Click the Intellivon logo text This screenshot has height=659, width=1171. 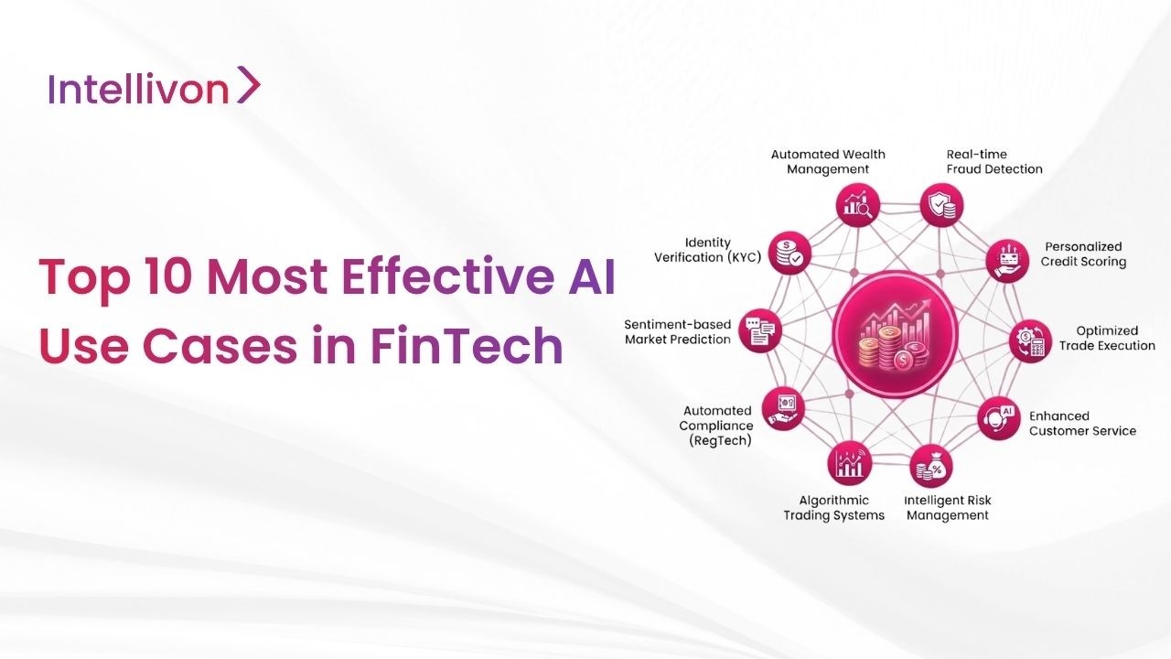click(137, 89)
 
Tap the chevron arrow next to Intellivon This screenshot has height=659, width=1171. click(248, 85)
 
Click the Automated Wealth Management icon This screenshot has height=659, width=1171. click(857, 204)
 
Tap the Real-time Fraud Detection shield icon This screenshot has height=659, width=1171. click(940, 204)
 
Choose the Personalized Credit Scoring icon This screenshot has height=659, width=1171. click(1007, 261)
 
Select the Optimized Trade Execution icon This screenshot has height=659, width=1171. click(1031, 340)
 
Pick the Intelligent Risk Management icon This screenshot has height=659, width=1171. click(933, 466)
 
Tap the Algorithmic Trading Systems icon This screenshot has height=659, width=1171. click(849, 464)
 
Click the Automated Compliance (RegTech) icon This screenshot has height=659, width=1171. click(784, 409)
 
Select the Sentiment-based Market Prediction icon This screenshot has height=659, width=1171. click(760, 330)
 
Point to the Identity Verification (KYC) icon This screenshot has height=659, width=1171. click(788, 253)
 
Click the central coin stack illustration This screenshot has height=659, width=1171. click(895, 340)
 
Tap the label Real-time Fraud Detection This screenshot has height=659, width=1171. click(994, 162)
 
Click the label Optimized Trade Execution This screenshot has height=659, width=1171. click(1107, 339)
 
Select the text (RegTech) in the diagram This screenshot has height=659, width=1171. click(720, 440)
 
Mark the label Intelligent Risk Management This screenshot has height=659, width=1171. click(947, 508)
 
